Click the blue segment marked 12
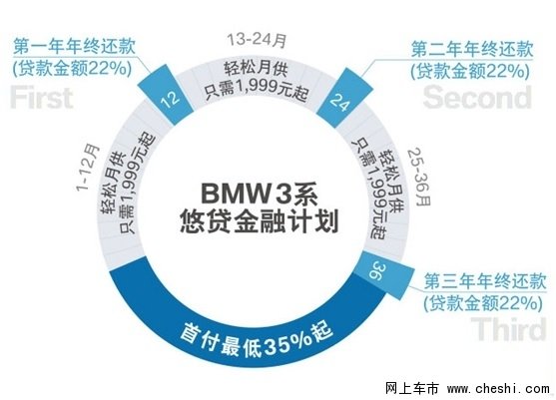[166, 95]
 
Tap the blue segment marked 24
[343, 98]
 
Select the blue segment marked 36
[384, 273]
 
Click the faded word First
[42, 98]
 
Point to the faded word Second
[477, 97]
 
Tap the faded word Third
[508, 329]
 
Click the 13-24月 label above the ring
[257, 39]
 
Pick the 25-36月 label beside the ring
[419, 177]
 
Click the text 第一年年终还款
[74, 47]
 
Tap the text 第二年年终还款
[472, 49]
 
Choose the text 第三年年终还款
[485, 281]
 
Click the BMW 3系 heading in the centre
[260, 194]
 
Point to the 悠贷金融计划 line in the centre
[260, 221]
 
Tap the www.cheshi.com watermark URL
[498, 388]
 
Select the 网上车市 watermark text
[412, 388]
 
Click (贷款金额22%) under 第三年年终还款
[483, 303]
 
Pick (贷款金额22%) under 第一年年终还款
[72, 68]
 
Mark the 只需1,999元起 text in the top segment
[256, 92]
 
